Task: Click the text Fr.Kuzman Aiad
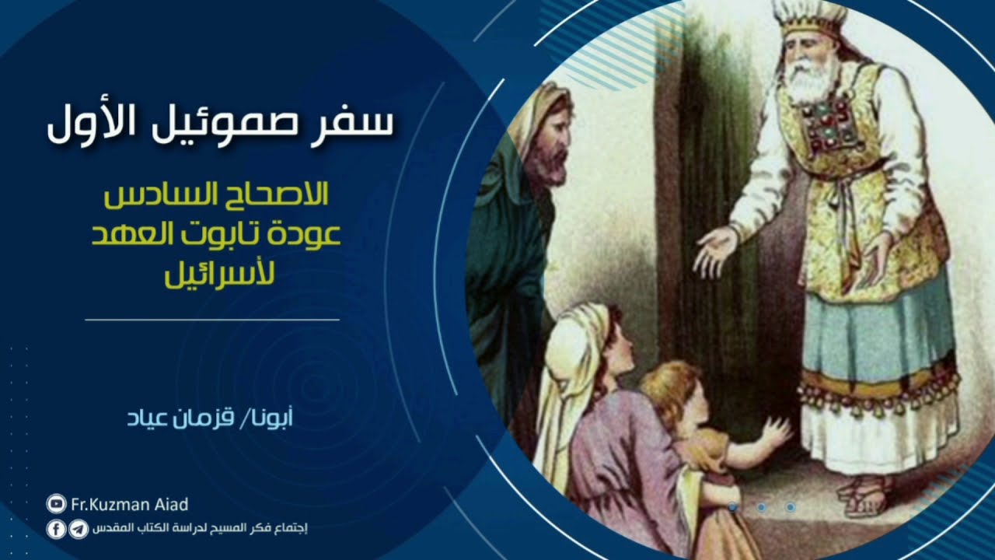click(130, 505)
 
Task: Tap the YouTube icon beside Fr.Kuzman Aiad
click(56, 505)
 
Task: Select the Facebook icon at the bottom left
click(56, 530)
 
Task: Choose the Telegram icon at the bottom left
click(78, 530)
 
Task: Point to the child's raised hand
click(775, 432)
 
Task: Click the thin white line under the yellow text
click(211, 320)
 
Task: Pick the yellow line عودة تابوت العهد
click(217, 234)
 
